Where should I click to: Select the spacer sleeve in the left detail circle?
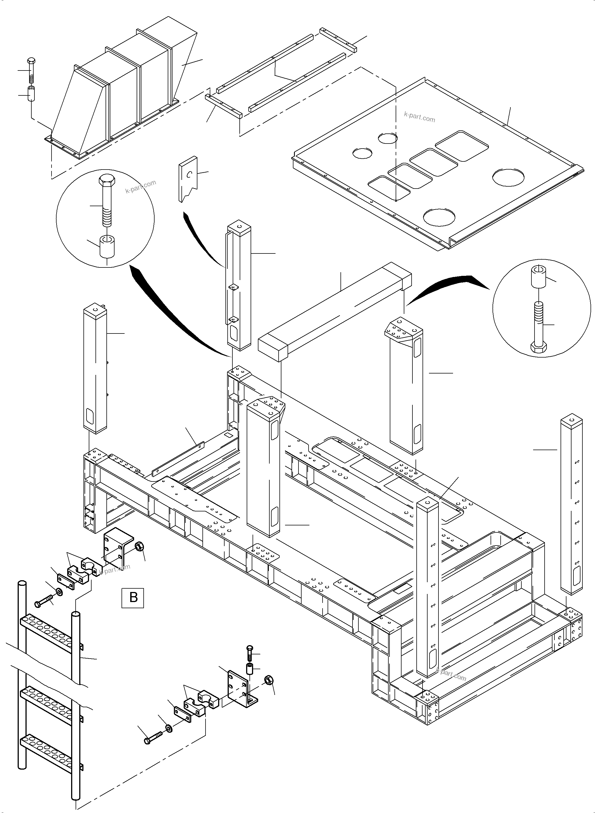coord(107,246)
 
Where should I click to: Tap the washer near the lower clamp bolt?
coord(169,729)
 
